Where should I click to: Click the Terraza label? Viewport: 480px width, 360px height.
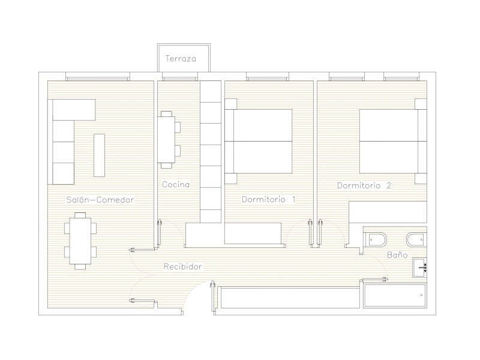pos(181,58)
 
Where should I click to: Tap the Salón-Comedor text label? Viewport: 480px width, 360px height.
pos(100,200)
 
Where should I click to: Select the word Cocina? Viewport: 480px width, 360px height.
pos(176,184)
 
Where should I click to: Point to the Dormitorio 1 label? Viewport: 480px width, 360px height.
pos(269,200)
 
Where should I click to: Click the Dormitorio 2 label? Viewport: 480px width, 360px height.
pos(364,185)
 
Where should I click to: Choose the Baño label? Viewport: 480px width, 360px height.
pos(397,254)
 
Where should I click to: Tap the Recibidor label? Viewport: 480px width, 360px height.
pos(183,266)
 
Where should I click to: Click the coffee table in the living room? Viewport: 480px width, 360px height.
pos(99,155)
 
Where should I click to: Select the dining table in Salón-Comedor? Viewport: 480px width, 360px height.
pos(80,241)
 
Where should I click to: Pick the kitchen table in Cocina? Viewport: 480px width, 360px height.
pos(166,140)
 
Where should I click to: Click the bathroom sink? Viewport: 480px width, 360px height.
pos(419,268)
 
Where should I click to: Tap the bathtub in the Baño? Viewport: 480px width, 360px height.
pos(394,296)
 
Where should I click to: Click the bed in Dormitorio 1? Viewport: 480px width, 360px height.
pos(259,141)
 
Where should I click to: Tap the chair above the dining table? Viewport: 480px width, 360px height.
pos(80,215)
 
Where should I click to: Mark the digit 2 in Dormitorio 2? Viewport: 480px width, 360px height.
pos(389,185)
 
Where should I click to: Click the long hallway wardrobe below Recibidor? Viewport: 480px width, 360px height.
pos(290,297)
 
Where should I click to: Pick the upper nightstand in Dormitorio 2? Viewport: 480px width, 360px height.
pos(421,104)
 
